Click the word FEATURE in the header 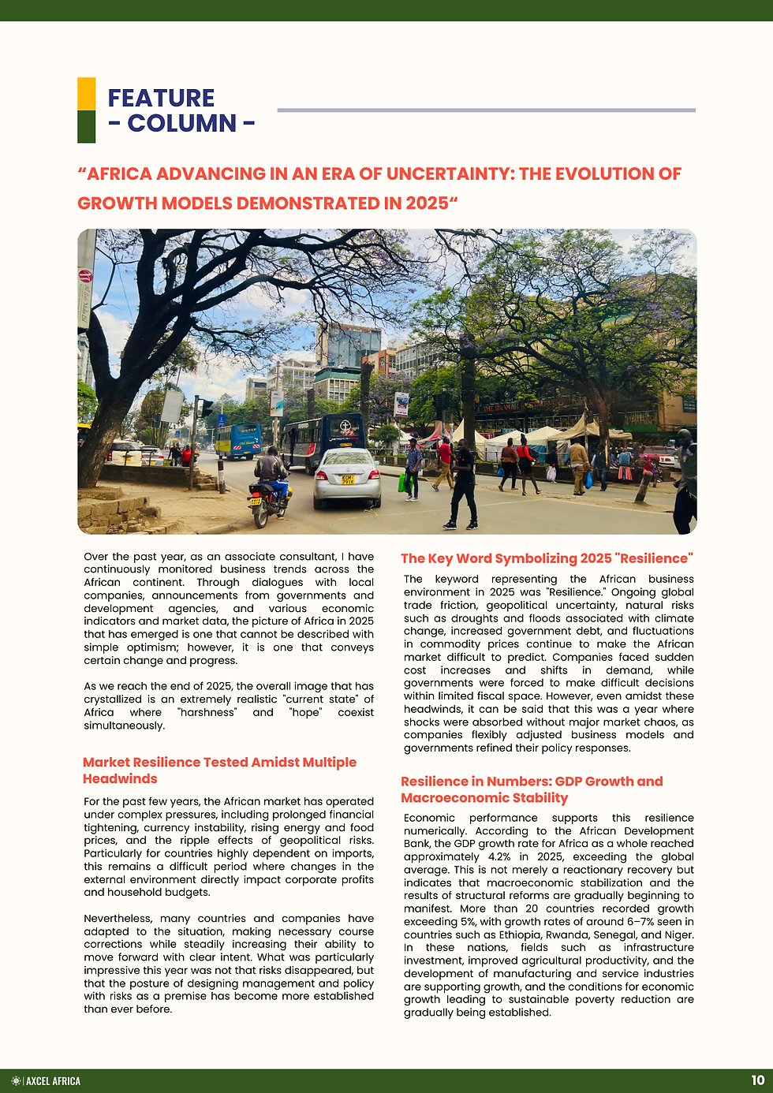pyautogui.click(x=161, y=99)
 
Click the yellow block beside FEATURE pyautogui.click(x=86, y=94)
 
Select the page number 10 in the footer pyautogui.click(x=757, y=1080)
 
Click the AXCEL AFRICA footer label pyautogui.click(x=53, y=1081)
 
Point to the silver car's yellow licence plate pyautogui.click(x=347, y=479)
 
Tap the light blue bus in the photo pyautogui.click(x=237, y=441)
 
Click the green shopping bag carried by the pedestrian pyautogui.click(x=402, y=483)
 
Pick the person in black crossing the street pyautogui.click(x=463, y=485)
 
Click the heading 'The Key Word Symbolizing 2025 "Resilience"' pyautogui.click(x=547, y=558)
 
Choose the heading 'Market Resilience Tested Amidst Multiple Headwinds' pyautogui.click(x=219, y=770)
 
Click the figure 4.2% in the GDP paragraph pyautogui.click(x=499, y=857)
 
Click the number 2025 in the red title pyautogui.click(x=427, y=203)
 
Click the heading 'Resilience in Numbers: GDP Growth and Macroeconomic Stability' pyautogui.click(x=532, y=789)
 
